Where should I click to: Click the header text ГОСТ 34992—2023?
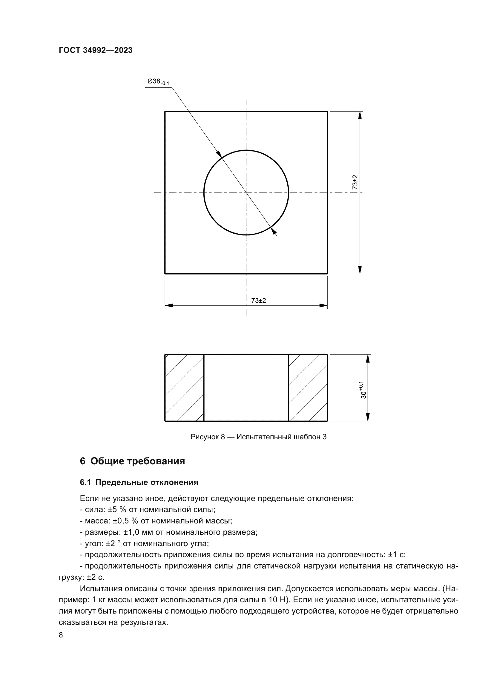(x=96, y=50)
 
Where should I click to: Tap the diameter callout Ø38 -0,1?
(x=158, y=82)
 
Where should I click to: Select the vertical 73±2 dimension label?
(x=355, y=182)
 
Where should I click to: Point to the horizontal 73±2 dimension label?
(x=259, y=301)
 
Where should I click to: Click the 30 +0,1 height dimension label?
(x=363, y=390)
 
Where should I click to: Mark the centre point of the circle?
(x=246, y=192)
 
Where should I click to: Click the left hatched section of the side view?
(x=184, y=388)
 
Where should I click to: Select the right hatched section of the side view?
(x=308, y=388)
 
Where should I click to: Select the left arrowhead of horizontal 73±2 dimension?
(x=169, y=306)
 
